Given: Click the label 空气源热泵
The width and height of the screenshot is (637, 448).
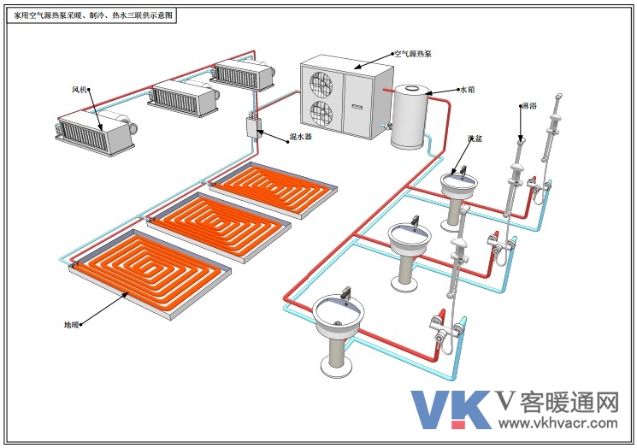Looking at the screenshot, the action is pyautogui.click(x=413, y=54).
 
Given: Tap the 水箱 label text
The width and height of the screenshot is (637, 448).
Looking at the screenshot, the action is pyautogui.click(x=467, y=90).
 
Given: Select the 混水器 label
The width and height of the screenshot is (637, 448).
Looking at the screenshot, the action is pyautogui.click(x=300, y=137).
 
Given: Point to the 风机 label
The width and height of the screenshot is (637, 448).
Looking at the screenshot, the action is pyautogui.click(x=80, y=89).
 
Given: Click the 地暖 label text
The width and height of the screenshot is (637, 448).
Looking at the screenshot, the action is pyautogui.click(x=72, y=325).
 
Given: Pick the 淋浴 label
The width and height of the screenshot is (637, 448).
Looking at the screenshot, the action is pyautogui.click(x=529, y=106).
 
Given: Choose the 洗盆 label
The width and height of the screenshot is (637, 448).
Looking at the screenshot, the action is pyautogui.click(x=475, y=139).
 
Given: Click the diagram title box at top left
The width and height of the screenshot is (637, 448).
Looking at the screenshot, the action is pyautogui.click(x=91, y=16).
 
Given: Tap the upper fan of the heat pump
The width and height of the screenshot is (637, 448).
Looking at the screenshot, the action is pyautogui.click(x=321, y=85).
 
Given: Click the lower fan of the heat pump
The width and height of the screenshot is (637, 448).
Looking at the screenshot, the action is pyautogui.click(x=321, y=113).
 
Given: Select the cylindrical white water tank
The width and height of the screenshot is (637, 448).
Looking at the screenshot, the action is pyautogui.click(x=409, y=116).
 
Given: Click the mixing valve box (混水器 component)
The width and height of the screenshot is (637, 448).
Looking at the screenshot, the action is pyautogui.click(x=252, y=127).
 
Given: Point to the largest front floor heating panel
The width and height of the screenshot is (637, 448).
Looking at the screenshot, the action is pyautogui.click(x=150, y=274).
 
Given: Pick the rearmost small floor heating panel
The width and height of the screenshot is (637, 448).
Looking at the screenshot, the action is pyautogui.click(x=273, y=191).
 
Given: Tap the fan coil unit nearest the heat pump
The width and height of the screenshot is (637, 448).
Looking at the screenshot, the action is pyautogui.click(x=243, y=74).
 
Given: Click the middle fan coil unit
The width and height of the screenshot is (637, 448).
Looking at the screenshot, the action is pyautogui.click(x=184, y=97).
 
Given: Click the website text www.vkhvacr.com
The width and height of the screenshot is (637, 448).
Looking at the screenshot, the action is pyautogui.click(x=558, y=423).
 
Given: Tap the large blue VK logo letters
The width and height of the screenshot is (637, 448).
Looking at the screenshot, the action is pyautogui.click(x=451, y=410).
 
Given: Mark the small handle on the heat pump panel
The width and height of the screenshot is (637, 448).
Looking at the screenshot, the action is pyautogui.click(x=357, y=107).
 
